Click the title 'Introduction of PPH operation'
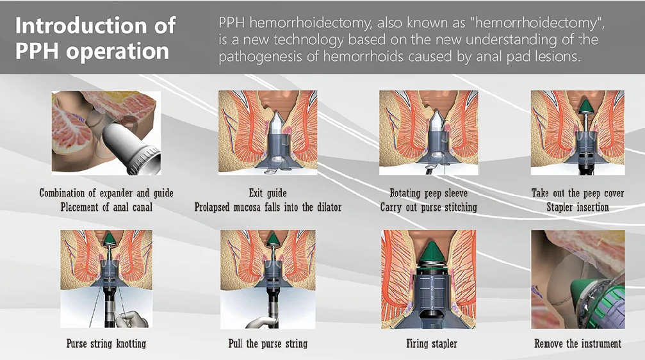[x=95, y=38]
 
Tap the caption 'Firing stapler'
[x=432, y=343]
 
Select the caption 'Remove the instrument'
[x=578, y=343]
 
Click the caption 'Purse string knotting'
[x=106, y=343]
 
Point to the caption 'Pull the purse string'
[x=268, y=343]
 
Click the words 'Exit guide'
[x=268, y=193]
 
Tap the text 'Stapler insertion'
[x=578, y=207]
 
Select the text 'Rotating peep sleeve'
[x=429, y=193]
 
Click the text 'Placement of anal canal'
[x=106, y=207]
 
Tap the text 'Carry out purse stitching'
[x=429, y=207]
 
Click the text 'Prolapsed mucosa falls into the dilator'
[x=268, y=207]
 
